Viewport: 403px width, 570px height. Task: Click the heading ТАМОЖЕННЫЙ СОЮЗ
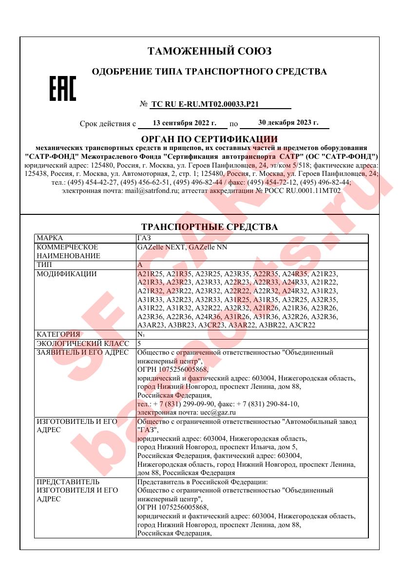[x=210, y=51]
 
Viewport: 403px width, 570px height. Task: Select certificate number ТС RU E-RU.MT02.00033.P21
[x=205, y=104]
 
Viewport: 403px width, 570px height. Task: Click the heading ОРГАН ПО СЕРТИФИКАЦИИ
[x=209, y=139]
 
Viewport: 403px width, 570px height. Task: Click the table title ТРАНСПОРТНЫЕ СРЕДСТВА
[x=209, y=227]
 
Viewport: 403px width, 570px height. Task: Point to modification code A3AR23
[x=152, y=325]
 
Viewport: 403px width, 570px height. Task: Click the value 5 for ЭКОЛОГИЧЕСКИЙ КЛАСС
[x=139, y=343]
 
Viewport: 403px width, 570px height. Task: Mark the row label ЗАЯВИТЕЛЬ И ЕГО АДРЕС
[x=82, y=352]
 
